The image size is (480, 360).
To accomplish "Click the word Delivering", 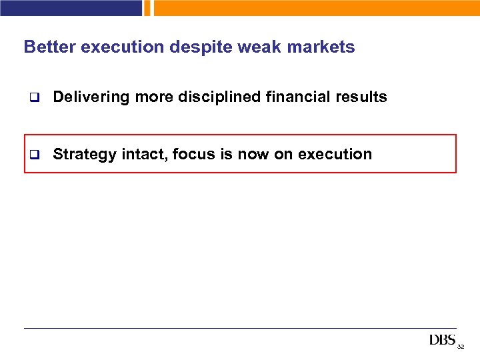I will click(x=91, y=97).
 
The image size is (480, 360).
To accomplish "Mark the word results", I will click(x=361, y=97).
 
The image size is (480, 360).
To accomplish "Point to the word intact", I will click(x=143, y=155).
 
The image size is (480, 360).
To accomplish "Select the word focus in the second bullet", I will click(x=192, y=155).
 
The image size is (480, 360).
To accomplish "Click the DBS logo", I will click(x=442, y=341).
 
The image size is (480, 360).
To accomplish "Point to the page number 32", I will click(x=461, y=347).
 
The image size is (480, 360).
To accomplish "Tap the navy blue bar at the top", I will click(x=71, y=7).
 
